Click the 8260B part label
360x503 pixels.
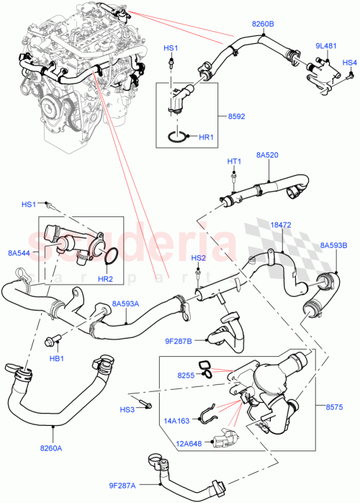coord(263,25)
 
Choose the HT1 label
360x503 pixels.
coord(234,161)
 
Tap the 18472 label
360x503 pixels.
coord(281,226)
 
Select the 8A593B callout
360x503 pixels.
coord(334,245)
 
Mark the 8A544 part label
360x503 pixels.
coord(19,252)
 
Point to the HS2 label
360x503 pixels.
coord(198,257)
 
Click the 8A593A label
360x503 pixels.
coord(126,304)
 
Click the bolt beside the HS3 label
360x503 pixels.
coord(148,404)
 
